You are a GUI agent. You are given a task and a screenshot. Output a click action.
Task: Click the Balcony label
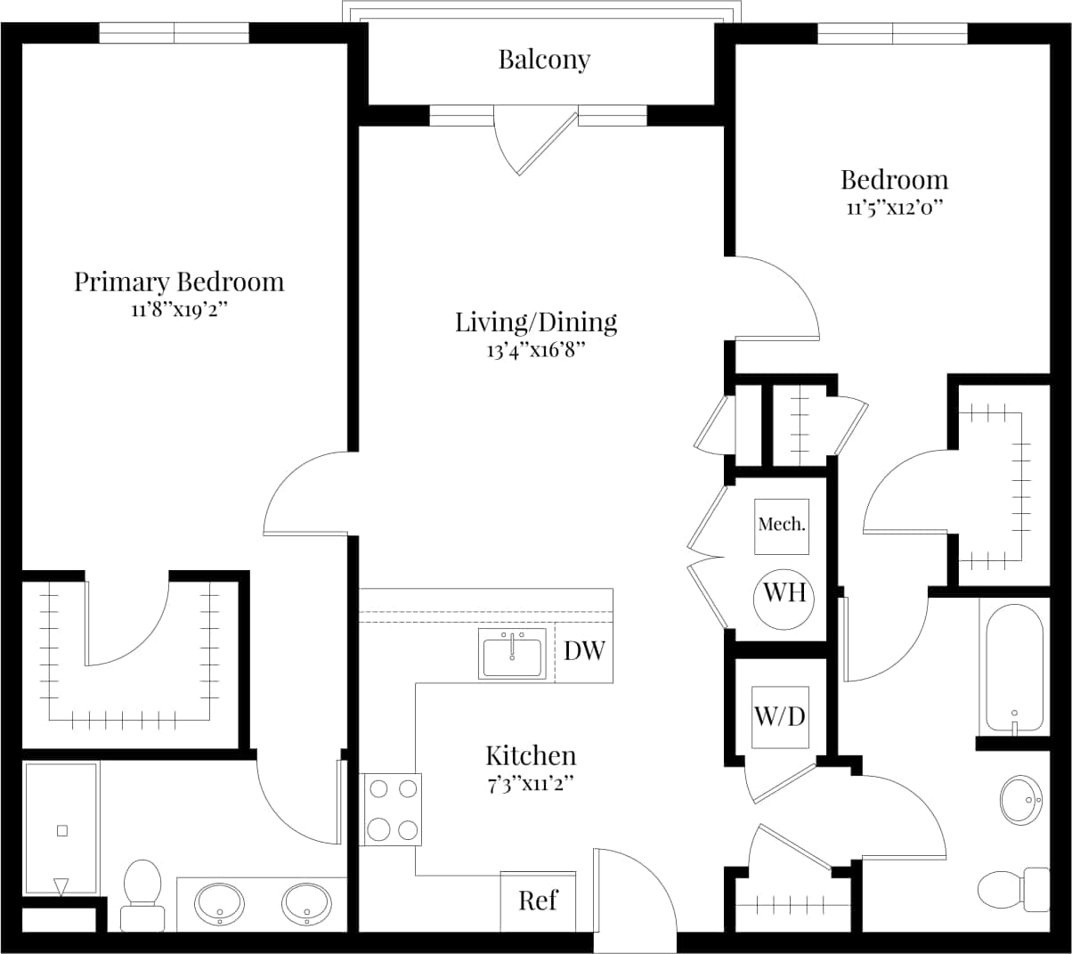pyautogui.click(x=543, y=60)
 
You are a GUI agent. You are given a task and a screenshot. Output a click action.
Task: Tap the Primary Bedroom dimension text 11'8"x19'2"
pyautogui.click(x=179, y=311)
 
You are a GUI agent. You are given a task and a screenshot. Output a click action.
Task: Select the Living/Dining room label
pyautogui.click(x=536, y=322)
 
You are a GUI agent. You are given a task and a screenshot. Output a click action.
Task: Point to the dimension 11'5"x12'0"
pyautogui.click(x=894, y=208)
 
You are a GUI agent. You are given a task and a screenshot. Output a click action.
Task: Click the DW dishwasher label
pyautogui.click(x=584, y=650)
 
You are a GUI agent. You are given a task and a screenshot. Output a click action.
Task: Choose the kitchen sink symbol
pyautogui.click(x=512, y=655)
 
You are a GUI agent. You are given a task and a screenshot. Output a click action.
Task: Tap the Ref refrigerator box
pyautogui.click(x=538, y=901)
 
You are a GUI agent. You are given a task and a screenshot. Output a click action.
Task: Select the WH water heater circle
pyautogui.click(x=784, y=592)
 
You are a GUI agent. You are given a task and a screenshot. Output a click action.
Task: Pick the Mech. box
pyautogui.click(x=782, y=525)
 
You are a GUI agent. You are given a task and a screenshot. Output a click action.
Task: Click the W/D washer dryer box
pyautogui.click(x=780, y=716)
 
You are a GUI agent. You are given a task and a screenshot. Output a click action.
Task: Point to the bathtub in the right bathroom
pyautogui.click(x=1014, y=665)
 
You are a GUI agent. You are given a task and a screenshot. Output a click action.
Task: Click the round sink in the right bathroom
pyautogui.click(x=1022, y=798)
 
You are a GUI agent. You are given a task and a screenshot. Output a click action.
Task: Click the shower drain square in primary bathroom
pyautogui.click(x=61, y=830)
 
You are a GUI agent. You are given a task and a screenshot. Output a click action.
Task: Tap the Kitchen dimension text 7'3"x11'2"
pyautogui.click(x=530, y=783)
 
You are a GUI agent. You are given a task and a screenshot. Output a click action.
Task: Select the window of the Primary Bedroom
pyautogui.click(x=174, y=33)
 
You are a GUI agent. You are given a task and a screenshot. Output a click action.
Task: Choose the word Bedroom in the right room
pyautogui.click(x=894, y=180)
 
